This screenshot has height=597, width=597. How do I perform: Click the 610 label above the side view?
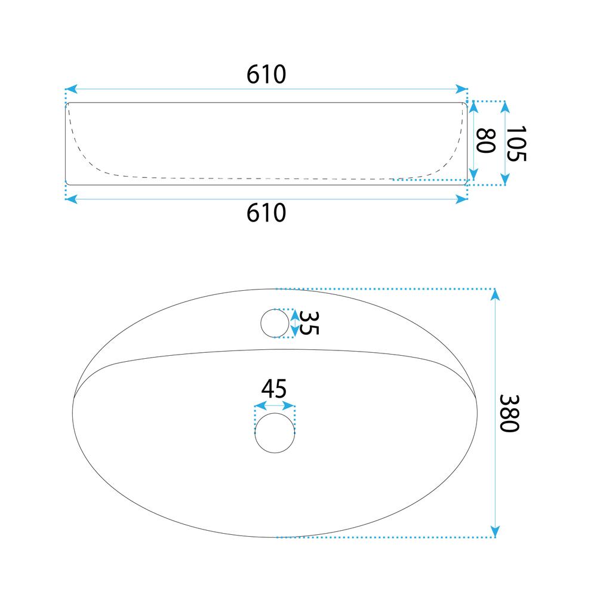coord(266,74)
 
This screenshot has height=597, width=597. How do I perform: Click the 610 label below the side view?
coord(266,213)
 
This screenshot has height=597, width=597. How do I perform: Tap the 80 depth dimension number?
coord(486,141)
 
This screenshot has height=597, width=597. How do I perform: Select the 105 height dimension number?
coord(516,143)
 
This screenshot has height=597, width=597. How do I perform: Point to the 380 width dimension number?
coord(509,413)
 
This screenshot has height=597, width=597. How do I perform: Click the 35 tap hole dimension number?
coord(309,323)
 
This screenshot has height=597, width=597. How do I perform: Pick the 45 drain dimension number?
coord(274,389)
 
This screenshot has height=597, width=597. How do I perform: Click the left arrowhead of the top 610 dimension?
coord(72,89)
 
